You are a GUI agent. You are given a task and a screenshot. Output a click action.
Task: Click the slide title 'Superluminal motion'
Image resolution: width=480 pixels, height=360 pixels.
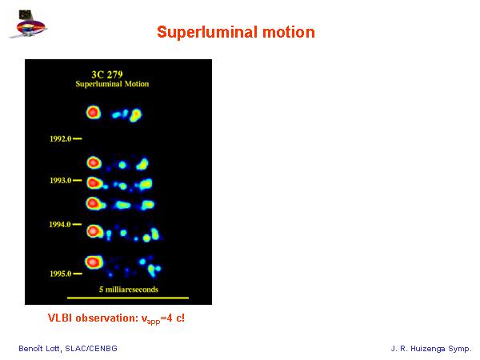pyautogui.click(x=236, y=32)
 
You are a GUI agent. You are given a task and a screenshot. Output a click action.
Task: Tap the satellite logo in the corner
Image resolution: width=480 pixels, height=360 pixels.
pyautogui.click(x=28, y=24)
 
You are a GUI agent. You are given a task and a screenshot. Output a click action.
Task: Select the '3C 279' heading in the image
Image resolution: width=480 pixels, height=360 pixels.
pyautogui.click(x=107, y=74)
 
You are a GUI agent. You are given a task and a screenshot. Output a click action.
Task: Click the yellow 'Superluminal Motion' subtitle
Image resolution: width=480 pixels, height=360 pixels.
pyautogui.click(x=112, y=84)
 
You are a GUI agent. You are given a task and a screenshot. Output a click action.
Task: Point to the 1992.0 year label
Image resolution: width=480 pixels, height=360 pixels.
pyautogui.click(x=60, y=139)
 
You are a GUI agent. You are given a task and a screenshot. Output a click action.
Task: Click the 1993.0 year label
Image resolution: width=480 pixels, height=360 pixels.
pyautogui.click(x=60, y=180)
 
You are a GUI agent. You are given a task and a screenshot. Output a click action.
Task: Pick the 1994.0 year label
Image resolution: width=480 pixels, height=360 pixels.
pyautogui.click(x=60, y=224)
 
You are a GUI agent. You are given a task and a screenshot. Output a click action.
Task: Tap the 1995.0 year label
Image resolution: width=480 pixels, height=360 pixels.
pyautogui.click(x=60, y=274)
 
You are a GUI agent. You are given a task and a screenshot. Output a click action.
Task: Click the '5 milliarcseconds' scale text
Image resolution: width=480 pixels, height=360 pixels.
pyautogui.click(x=129, y=290)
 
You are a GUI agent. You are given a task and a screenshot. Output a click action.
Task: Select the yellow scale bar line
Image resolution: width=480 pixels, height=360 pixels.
pyautogui.click(x=128, y=298)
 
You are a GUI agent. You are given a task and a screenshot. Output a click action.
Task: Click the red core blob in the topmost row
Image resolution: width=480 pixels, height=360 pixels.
pyautogui.click(x=94, y=113)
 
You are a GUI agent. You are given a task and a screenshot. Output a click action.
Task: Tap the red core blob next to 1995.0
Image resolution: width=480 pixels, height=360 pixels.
pyautogui.click(x=94, y=262)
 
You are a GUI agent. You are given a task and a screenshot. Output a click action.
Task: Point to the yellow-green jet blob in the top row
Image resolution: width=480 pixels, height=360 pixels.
pyautogui.click(x=135, y=115)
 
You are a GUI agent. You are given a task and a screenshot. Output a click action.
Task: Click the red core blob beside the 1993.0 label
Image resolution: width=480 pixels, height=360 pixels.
pyautogui.click(x=94, y=183)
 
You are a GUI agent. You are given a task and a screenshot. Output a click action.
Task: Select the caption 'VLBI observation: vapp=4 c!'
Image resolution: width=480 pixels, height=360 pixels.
pyautogui.click(x=116, y=318)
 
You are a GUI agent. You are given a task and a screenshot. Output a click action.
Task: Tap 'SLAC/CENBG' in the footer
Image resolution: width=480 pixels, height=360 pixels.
pyautogui.click(x=91, y=348)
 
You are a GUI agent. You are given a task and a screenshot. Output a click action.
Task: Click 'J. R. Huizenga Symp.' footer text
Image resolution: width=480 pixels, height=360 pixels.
pyautogui.click(x=431, y=348)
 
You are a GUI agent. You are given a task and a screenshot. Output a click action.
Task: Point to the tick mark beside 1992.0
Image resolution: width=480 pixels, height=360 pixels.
pyautogui.click(x=78, y=139)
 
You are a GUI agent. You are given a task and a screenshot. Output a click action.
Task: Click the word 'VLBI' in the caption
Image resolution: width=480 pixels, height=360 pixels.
pyautogui.click(x=60, y=318)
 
